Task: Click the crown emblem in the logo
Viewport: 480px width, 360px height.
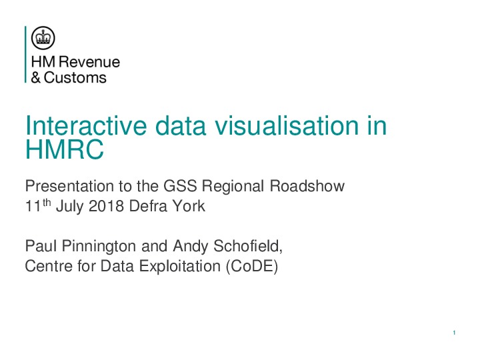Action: [x=43, y=38]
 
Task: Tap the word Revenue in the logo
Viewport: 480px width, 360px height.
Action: [x=89, y=62]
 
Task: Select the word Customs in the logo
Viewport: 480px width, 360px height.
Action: [x=75, y=78]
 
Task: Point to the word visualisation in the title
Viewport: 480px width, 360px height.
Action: [x=287, y=125]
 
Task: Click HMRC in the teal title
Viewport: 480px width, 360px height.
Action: [x=65, y=149]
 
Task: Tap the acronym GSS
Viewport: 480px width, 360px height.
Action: [x=180, y=186]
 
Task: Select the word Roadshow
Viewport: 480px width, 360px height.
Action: [x=307, y=186]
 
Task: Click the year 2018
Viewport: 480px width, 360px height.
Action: [x=106, y=206]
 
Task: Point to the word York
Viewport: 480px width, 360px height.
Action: [x=188, y=206]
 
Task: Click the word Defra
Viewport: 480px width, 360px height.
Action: [x=148, y=206]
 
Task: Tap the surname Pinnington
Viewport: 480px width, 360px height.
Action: [x=99, y=246]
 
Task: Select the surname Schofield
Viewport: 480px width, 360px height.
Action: [x=248, y=246]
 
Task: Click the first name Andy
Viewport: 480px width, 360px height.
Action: [x=191, y=247]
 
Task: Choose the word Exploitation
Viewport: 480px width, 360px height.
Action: [x=180, y=266]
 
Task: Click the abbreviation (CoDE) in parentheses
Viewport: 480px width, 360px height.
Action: [x=252, y=266]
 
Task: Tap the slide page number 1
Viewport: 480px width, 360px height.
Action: [x=454, y=333]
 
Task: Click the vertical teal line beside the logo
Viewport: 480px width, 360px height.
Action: [x=26, y=55]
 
